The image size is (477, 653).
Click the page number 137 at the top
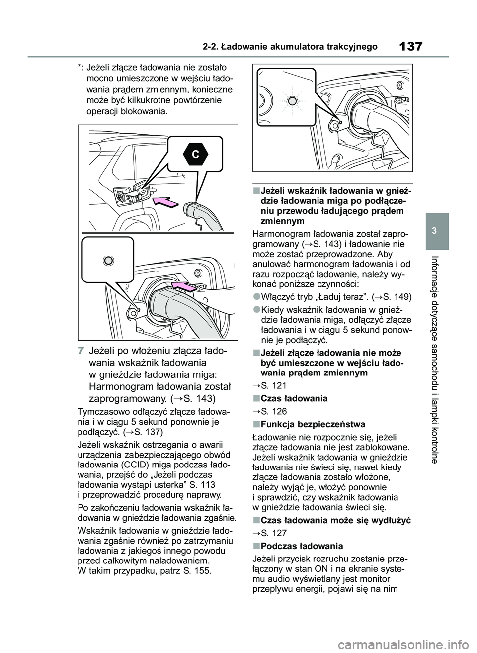(x=410, y=47)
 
